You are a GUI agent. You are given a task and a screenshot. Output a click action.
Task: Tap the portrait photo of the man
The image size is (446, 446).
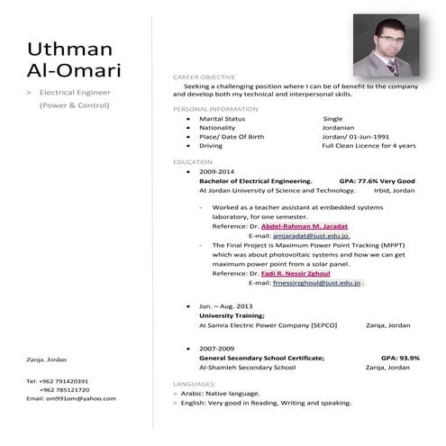tap(385, 46)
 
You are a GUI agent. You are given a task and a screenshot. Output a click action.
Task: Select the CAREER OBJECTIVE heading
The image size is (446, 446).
tap(204, 77)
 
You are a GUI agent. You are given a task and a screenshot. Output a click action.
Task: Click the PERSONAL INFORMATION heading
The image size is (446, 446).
tap(214, 109)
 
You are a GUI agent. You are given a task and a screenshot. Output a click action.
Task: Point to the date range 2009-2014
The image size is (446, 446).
tap(216, 170)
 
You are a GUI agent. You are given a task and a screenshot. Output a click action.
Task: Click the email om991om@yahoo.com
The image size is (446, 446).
tap(71, 398)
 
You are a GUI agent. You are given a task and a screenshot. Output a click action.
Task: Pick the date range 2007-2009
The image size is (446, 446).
tap(216, 348)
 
